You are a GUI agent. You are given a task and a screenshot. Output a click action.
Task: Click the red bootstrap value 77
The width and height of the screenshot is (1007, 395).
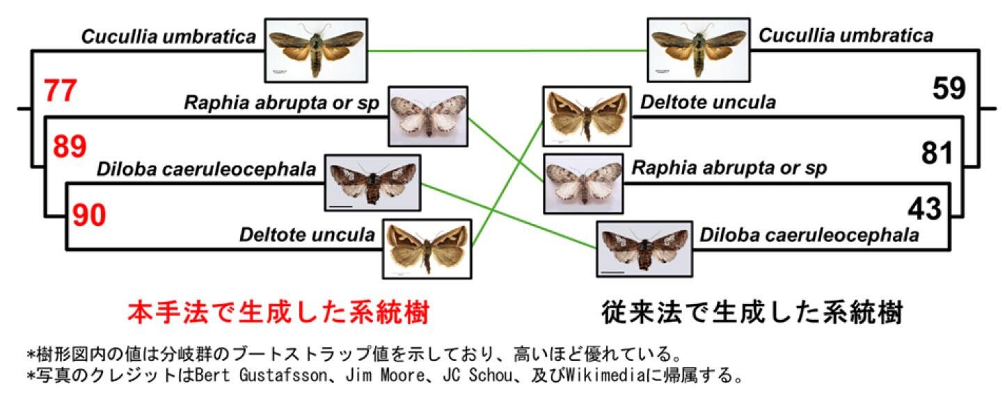[x=61, y=91]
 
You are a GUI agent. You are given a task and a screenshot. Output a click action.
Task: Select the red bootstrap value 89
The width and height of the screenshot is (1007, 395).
[x=70, y=147]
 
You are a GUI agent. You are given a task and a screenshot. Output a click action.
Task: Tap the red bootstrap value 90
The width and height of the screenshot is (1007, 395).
[x=90, y=215]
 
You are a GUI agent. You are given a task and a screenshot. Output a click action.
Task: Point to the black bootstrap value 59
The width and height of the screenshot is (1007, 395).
[x=949, y=88]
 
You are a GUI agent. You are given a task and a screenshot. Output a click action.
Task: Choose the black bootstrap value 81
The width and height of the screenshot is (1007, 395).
[x=937, y=153]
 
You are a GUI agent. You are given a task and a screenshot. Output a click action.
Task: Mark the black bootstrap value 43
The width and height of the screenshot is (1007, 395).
[x=924, y=209]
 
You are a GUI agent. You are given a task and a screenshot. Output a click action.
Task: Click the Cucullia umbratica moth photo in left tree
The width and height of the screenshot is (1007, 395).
[x=316, y=50]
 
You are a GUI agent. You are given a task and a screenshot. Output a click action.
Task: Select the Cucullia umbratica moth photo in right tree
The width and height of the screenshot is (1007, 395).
[x=699, y=50]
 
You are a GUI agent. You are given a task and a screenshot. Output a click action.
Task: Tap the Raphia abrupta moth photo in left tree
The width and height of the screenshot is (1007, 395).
[x=428, y=116]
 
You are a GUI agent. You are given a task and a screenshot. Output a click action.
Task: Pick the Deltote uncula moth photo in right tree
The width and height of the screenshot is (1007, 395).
[x=587, y=116]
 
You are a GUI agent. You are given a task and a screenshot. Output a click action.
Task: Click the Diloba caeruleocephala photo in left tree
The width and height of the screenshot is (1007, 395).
[x=373, y=183]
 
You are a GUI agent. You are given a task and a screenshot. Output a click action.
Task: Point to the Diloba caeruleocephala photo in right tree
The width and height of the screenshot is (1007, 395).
[x=644, y=249]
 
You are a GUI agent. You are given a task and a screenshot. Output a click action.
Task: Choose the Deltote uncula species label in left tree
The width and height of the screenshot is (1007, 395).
[x=307, y=234]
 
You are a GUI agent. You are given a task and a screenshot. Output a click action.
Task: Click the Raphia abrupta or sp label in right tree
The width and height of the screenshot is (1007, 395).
[x=729, y=168]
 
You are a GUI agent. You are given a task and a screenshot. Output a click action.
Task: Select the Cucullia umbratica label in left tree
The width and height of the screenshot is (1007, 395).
[x=168, y=36]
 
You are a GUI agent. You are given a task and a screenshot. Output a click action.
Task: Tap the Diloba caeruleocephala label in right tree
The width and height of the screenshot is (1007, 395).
[x=809, y=235]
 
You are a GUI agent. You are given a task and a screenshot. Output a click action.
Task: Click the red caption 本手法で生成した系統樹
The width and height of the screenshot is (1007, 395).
[x=279, y=312]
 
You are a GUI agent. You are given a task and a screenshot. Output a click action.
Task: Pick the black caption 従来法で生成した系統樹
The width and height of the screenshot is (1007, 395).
[x=752, y=312]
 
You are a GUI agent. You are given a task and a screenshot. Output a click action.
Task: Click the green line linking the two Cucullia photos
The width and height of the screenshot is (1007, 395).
[x=507, y=51]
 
